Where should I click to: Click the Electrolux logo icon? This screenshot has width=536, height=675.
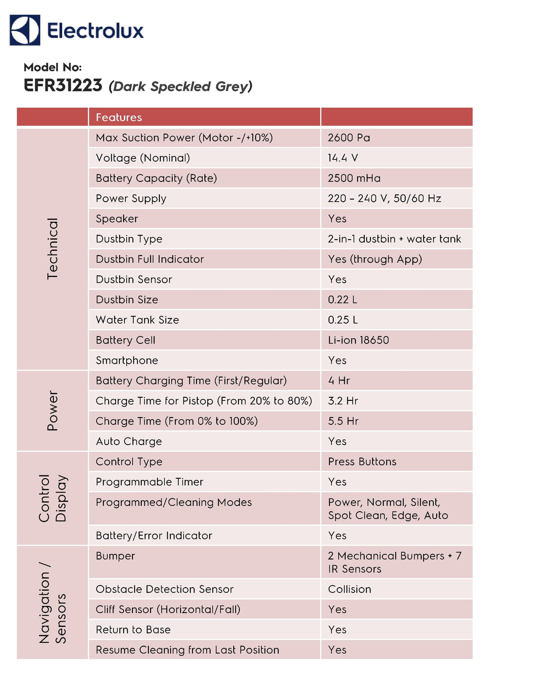(25, 30)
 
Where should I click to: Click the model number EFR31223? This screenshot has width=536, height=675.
(63, 85)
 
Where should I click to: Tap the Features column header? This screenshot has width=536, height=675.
(119, 117)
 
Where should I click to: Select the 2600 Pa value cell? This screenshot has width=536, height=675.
(349, 138)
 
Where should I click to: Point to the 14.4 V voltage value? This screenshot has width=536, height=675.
(343, 158)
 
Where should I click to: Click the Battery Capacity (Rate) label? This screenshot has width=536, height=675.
(156, 178)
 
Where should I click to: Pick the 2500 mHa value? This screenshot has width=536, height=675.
(354, 178)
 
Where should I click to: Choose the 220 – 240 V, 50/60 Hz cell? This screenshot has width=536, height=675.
(384, 199)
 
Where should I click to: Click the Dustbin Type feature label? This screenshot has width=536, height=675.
(129, 239)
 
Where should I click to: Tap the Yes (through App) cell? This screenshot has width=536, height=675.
(375, 259)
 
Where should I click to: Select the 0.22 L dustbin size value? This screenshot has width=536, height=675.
(342, 300)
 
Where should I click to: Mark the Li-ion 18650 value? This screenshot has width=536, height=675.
(358, 340)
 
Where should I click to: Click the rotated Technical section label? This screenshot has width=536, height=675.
(53, 249)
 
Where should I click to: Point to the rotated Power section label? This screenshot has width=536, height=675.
(53, 411)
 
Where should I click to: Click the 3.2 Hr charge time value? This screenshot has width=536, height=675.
(343, 401)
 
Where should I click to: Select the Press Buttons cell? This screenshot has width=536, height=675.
(362, 462)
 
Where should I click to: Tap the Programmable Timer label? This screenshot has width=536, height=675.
(149, 482)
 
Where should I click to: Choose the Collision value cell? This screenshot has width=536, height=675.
(349, 589)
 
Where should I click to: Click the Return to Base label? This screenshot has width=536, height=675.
(133, 630)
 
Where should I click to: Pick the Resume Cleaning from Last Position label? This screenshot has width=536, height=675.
(187, 650)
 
